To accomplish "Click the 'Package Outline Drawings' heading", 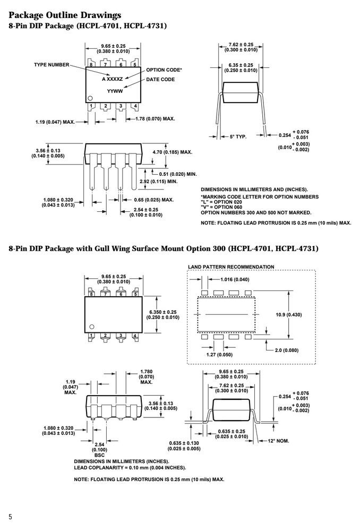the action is pyautogui.click(x=65, y=15).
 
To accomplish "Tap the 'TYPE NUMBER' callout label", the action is pyautogui.click(x=52, y=65).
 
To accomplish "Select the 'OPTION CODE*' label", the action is pyautogui.click(x=164, y=70).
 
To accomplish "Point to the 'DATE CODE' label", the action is pyautogui.click(x=160, y=79).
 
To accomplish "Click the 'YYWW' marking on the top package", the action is pyautogui.click(x=115, y=91).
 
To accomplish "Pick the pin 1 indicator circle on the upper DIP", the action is pyautogui.click(x=90, y=98).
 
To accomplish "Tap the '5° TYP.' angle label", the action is pyautogui.click(x=238, y=137).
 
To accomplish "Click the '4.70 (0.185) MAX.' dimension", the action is pyautogui.click(x=172, y=152).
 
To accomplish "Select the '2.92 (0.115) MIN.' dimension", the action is pyautogui.click(x=158, y=182).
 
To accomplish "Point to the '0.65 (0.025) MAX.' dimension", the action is pyautogui.click(x=154, y=200).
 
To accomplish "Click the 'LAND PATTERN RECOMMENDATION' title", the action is pyautogui.click(x=231, y=267).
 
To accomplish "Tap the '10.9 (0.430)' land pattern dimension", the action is pyautogui.click(x=288, y=314).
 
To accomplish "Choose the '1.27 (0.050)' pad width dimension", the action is pyautogui.click(x=219, y=355).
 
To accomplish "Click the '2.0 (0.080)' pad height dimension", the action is pyautogui.click(x=287, y=350).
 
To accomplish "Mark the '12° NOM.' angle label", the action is pyautogui.click(x=278, y=441).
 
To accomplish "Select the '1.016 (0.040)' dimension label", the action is pyautogui.click(x=234, y=279).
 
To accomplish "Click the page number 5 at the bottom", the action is pyautogui.click(x=10, y=517).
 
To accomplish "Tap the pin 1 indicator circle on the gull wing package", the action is pyautogui.click(x=91, y=327).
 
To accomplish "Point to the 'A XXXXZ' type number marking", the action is pyautogui.click(x=113, y=79).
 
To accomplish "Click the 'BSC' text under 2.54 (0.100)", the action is pyautogui.click(x=100, y=455).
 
